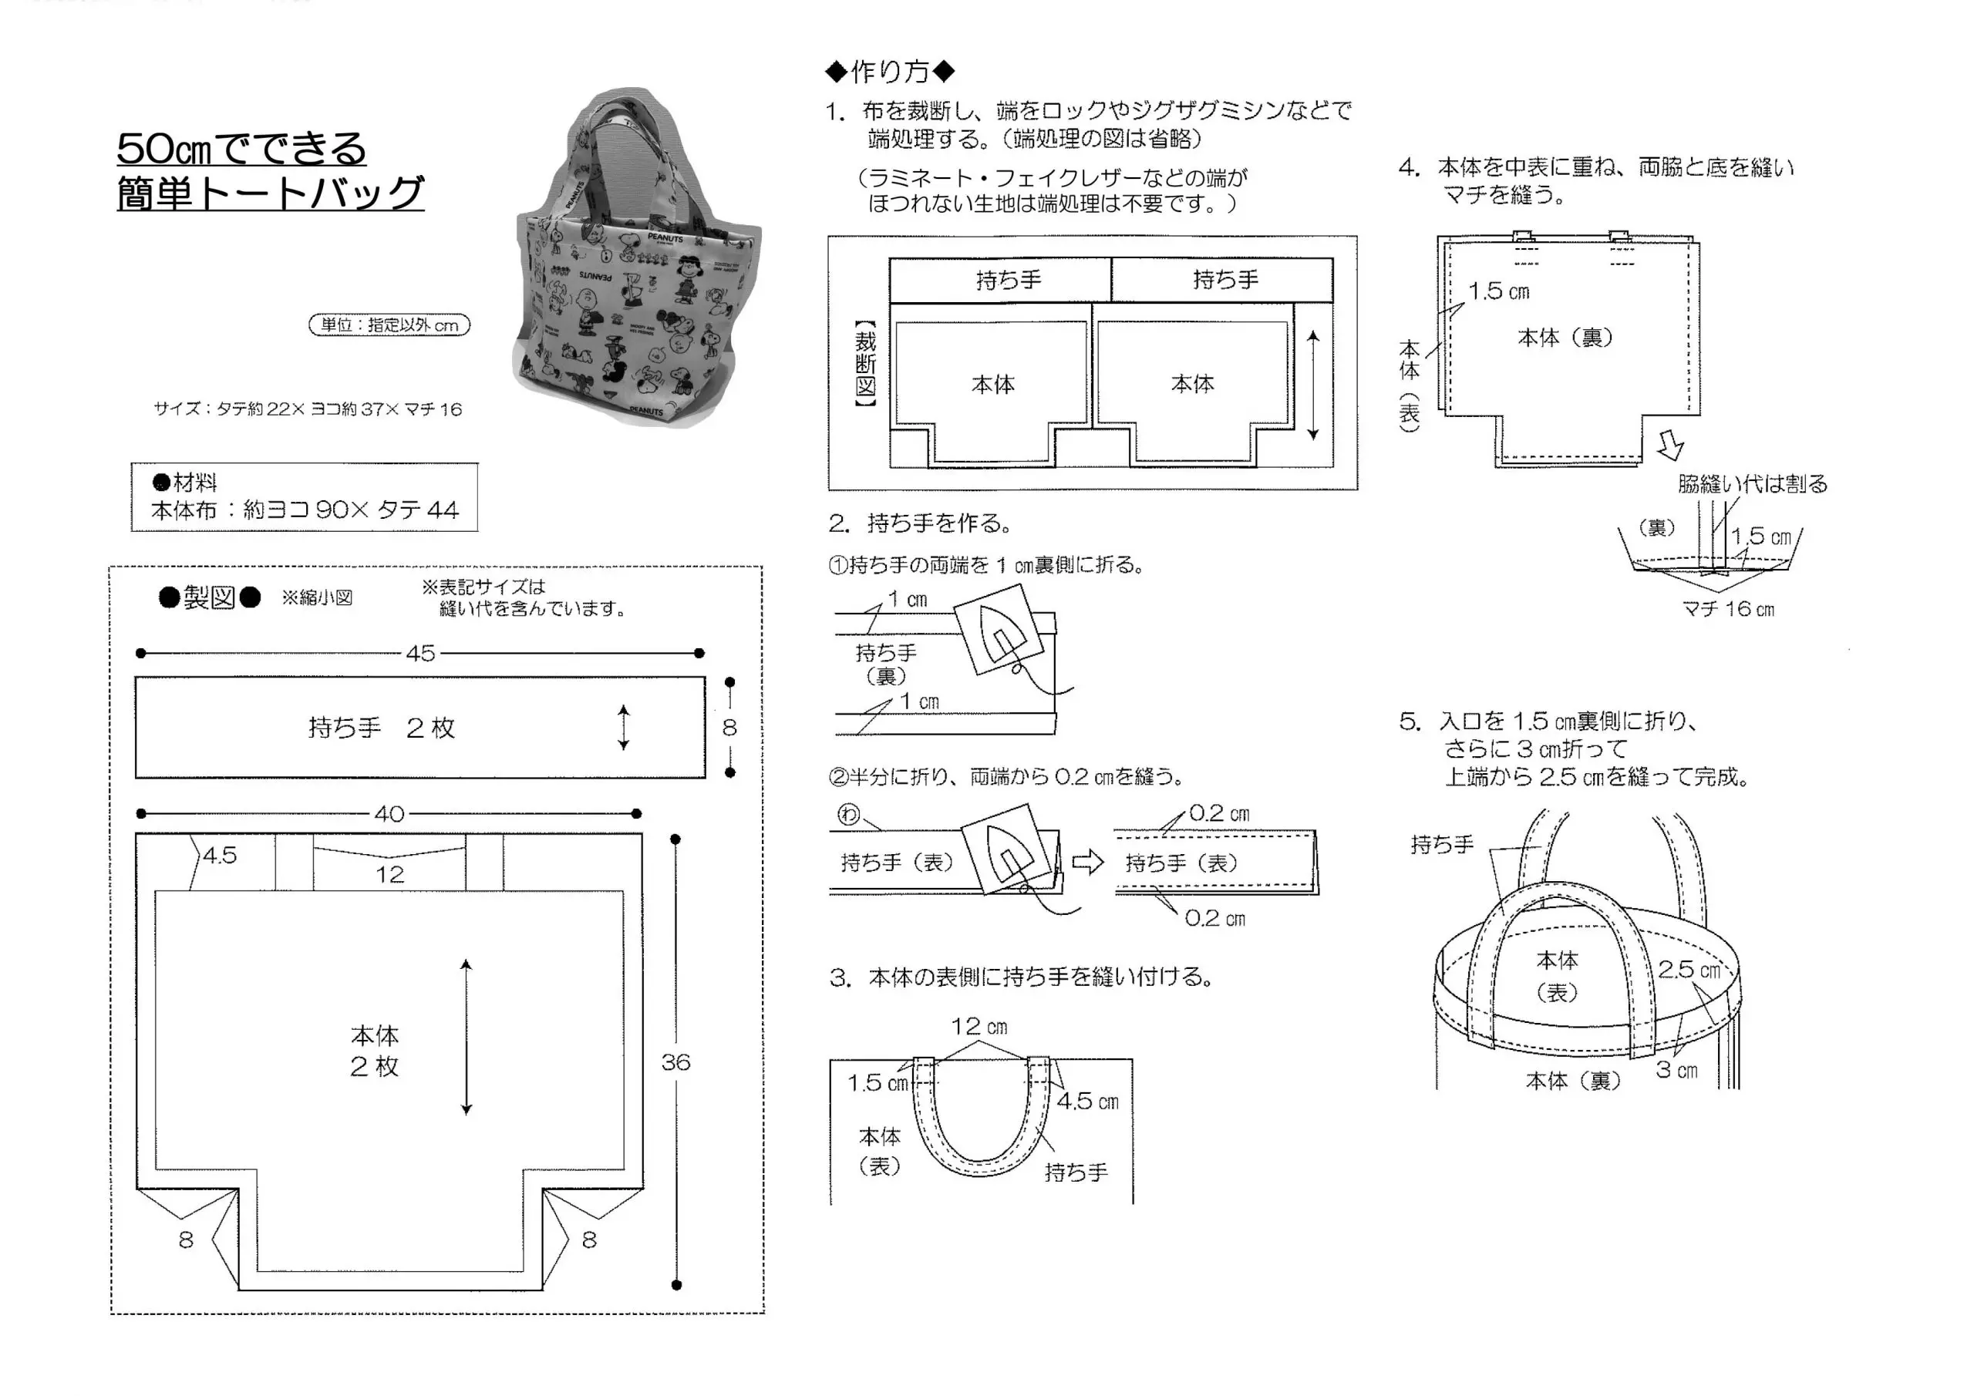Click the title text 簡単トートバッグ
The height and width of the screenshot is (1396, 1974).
(270, 193)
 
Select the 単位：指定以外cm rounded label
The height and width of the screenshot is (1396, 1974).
(389, 325)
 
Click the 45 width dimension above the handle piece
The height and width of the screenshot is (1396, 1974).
(419, 654)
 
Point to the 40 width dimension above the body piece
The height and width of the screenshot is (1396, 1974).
(389, 814)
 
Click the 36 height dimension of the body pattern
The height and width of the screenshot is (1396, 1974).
(675, 1062)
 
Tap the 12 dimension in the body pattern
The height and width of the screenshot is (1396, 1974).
(389, 874)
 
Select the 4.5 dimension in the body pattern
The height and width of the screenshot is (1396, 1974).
(220, 856)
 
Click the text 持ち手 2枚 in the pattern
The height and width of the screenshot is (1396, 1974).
(382, 728)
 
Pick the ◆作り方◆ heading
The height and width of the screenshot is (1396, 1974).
(890, 72)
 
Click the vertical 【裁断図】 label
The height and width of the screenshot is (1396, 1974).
(865, 364)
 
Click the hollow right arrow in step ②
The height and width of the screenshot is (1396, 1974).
(1087, 861)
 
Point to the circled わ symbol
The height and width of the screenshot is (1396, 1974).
(847, 814)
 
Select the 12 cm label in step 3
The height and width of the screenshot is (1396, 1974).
(979, 1026)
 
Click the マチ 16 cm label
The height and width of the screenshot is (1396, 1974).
(1728, 610)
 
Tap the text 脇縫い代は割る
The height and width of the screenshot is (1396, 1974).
(1752, 484)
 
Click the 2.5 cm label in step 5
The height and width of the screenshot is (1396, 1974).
(1689, 970)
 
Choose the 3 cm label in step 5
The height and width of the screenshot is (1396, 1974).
(1676, 1070)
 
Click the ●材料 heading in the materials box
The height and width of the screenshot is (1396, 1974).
(185, 483)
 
